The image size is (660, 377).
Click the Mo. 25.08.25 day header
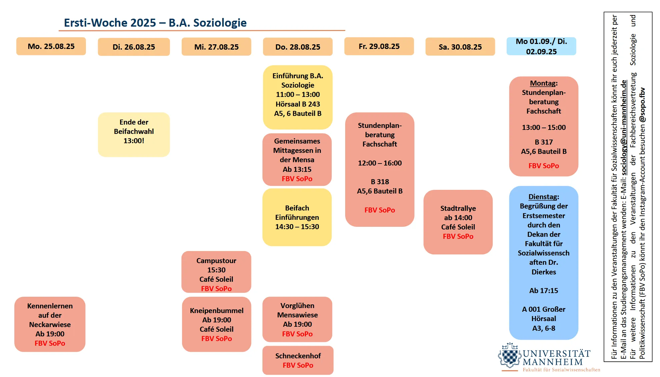[51, 46]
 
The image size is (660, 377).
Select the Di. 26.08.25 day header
[134, 47]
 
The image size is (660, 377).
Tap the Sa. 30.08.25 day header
[460, 47]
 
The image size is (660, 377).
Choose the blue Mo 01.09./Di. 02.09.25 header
[541, 46]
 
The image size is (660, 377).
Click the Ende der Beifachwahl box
[134, 134]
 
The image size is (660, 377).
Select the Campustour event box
[216, 272]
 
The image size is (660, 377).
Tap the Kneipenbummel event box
[216, 324]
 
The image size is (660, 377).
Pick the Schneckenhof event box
[298, 360]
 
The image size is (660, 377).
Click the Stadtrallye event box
[458, 222]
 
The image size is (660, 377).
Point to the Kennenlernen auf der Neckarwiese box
[50, 324]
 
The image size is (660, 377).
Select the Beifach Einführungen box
[297, 217]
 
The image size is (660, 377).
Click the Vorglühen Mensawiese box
[297, 319]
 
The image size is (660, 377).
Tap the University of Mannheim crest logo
[509, 356]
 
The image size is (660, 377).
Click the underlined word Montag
[543, 83]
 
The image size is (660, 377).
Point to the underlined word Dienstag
[543, 197]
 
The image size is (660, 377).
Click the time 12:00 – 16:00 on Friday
[380, 163]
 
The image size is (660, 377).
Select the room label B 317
[544, 142]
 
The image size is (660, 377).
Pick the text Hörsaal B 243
[297, 104]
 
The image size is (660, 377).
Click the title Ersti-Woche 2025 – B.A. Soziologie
[155, 23]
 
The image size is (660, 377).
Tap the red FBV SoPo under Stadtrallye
[458, 236]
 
